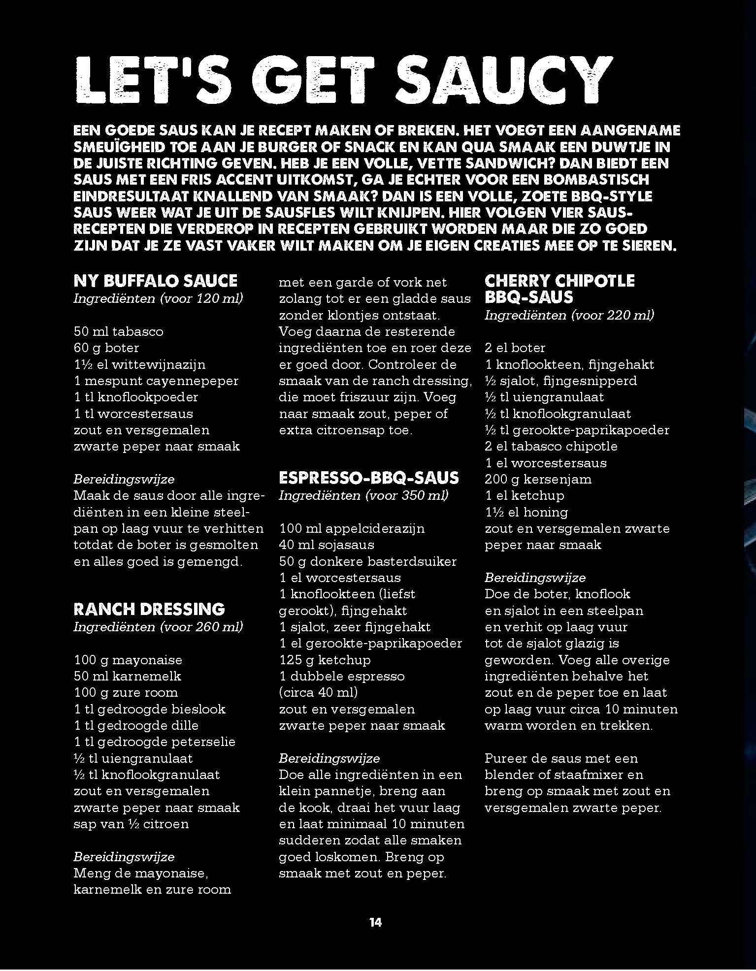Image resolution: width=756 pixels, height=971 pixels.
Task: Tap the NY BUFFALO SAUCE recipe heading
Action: point(155,281)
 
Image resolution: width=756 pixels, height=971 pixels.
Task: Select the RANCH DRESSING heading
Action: point(149,609)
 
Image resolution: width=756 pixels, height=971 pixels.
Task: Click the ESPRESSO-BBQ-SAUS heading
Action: point(368,478)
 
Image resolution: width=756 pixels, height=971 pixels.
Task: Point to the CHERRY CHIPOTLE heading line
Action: point(559,281)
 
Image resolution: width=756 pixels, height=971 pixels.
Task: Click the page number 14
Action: point(375,922)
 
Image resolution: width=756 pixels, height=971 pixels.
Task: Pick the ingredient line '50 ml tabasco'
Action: point(118,331)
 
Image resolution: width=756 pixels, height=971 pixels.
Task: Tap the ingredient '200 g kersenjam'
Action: point(538,479)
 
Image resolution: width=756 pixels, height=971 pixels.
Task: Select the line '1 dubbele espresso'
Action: point(341,676)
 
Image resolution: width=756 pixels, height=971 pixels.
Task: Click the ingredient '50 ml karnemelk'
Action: point(128,676)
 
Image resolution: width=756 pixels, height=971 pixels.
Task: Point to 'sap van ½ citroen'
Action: point(131,824)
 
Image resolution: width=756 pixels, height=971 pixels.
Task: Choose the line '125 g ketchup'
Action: point(325,660)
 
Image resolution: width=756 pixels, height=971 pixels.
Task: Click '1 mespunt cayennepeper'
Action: point(156,381)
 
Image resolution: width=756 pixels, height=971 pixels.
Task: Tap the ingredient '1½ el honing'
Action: point(526,512)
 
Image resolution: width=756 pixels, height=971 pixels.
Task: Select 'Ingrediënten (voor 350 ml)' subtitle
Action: point(363,495)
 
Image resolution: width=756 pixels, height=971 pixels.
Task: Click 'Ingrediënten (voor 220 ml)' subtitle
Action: point(569,315)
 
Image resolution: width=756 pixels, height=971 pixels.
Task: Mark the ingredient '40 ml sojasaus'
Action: point(327,545)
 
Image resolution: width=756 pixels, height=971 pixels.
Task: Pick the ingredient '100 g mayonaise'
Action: point(128,660)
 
